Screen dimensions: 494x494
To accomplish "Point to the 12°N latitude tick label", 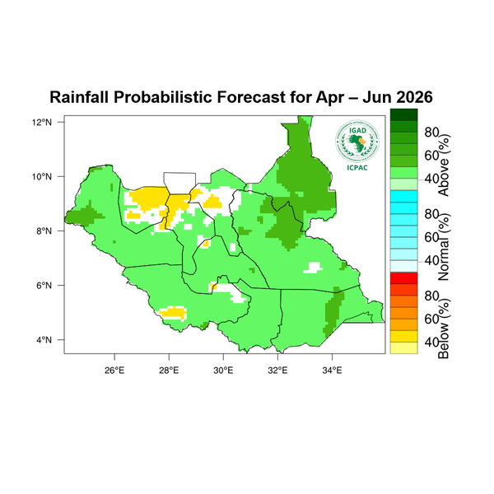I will coord(43,122).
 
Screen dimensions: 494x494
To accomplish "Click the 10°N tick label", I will coord(43,176).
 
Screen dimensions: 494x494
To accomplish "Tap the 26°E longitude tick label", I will coord(114,368).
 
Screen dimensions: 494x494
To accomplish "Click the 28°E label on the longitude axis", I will coord(169,368).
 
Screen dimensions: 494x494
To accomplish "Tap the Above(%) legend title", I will coord(445,165).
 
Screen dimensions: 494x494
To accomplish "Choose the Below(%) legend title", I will coord(445,328).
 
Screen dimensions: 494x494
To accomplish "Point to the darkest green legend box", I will coord(403,114).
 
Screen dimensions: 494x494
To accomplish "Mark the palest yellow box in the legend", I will coord(403,348).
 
